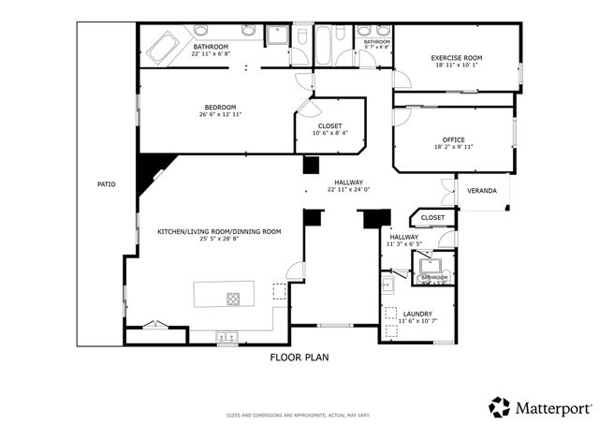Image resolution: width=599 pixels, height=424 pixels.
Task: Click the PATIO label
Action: [x=107, y=184]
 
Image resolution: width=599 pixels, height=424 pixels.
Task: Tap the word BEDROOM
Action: [x=221, y=107]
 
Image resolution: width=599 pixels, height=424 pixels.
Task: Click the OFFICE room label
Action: [x=455, y=139]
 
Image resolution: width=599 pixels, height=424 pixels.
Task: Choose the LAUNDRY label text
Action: [x=417, y=314]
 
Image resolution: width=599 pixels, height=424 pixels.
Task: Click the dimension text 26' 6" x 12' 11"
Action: [x=221, y=115]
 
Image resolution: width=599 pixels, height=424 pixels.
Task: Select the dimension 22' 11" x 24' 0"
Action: [x=349, y=190]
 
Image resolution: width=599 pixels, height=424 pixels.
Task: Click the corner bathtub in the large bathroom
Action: [x=162, y=46]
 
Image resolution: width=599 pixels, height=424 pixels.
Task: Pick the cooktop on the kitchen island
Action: [x=233, y=299]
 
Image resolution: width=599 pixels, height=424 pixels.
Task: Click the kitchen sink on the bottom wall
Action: [x=227, y=336]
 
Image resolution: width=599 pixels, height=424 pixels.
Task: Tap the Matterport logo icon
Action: [x=500, y=407]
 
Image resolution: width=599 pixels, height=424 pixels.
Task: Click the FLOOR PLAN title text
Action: [x=299, y=358]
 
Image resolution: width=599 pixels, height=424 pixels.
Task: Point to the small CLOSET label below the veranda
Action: [x=432, y=218]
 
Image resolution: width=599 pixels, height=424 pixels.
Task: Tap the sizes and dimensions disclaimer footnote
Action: [x=299, y=416]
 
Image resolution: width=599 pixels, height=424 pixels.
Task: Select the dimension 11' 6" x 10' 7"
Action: [x=417, y=322]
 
